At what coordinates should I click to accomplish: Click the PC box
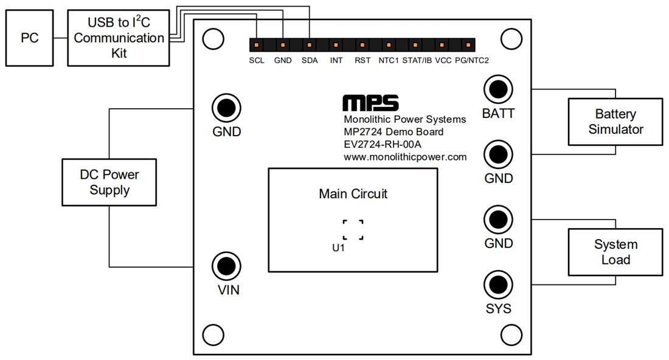click(29, 38)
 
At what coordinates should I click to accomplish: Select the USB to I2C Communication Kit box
click(118, 38)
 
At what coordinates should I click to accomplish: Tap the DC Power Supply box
click(109, 182)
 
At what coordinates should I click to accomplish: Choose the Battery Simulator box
click(615, 122)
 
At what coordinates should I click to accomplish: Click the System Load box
click(615, 252)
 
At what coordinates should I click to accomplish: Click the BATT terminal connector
click(498, 89)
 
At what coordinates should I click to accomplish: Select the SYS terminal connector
click(498, 284)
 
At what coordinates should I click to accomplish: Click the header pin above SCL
click(257, 45)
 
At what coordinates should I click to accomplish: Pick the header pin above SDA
click(310, 45)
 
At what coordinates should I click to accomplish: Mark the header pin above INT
click(336, 45)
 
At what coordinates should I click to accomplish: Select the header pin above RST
click(362, 45)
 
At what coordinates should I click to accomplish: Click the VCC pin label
click(443, 61)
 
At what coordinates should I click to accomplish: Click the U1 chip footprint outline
click(353, 230)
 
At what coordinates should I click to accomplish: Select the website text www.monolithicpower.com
click(404, 157)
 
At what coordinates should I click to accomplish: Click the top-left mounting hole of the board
click(212, 39)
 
